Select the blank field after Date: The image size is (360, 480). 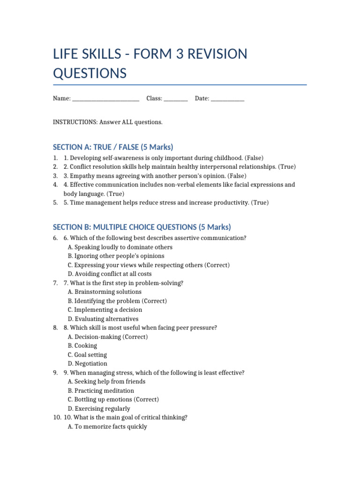[227, 99]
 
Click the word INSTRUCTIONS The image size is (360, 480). [75, 122]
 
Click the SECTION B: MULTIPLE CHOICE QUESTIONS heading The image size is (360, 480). [142, 227]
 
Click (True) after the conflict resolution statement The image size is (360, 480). [287, 167]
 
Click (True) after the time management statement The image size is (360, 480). [260, 203]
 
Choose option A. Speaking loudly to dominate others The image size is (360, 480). [120, 247]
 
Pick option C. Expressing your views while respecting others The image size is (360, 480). [149, 265]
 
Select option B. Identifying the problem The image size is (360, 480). [117, 301]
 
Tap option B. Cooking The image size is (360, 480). [82, 346]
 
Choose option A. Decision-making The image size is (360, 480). [107, 337]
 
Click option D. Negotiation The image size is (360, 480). [87, 364]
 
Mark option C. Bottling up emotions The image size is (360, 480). [113, 400]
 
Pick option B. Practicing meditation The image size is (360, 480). [101, 390]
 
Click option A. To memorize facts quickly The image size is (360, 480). [107, 427]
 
